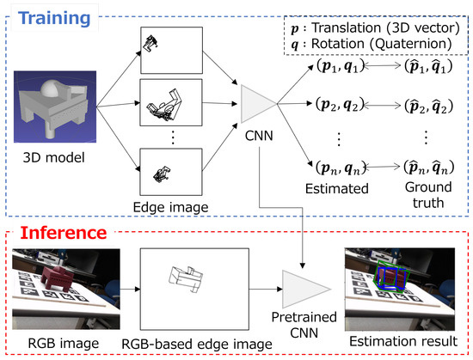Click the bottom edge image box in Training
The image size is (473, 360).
(x=170, y=169)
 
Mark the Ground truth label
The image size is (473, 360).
(x=427, y=195)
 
